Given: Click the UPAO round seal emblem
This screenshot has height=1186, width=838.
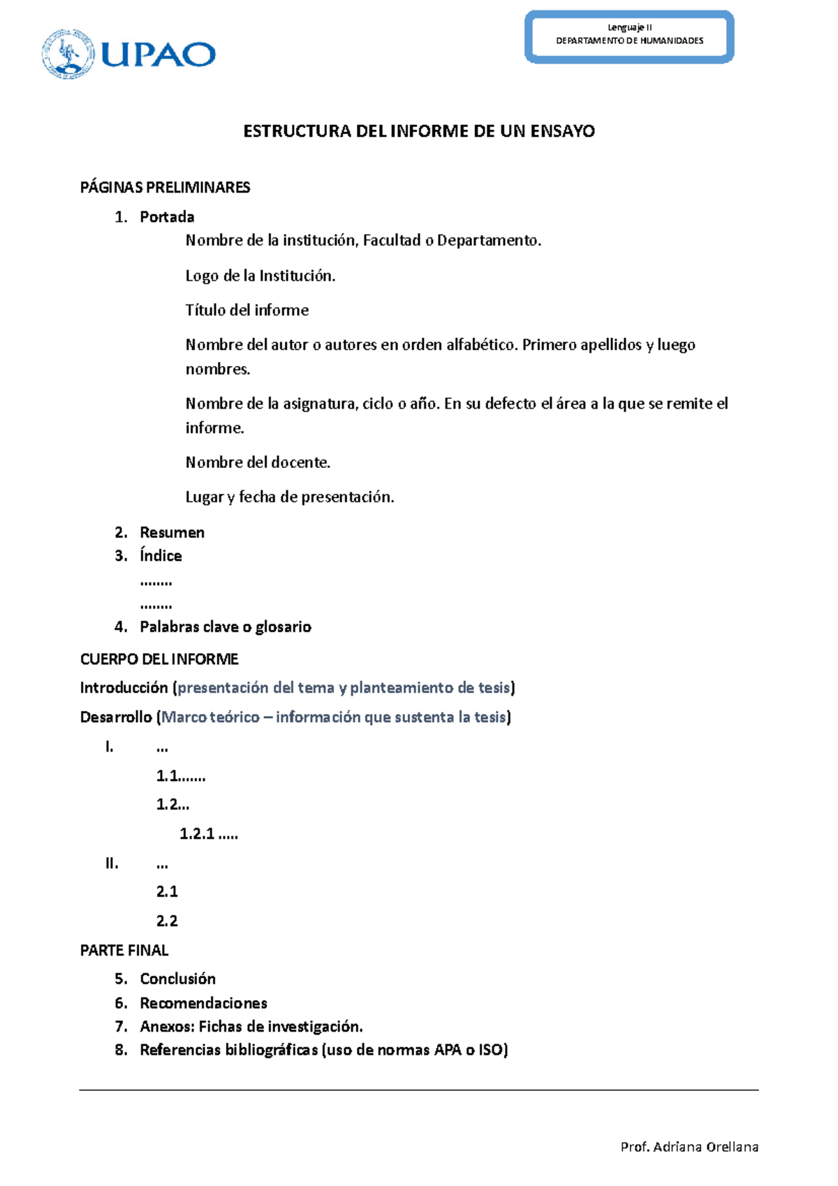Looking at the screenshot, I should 68,54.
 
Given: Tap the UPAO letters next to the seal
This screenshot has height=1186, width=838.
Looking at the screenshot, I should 159,54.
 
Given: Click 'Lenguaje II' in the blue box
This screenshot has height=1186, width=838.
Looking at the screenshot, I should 629,27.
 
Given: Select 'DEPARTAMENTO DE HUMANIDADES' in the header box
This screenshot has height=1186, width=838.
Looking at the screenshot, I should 629,41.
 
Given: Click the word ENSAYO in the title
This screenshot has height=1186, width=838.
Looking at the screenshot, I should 562,131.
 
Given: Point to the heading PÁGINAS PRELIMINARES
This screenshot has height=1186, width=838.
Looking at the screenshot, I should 165,187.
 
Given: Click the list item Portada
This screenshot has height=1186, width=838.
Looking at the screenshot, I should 167,217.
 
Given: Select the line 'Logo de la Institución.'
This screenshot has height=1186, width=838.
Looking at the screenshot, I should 260,276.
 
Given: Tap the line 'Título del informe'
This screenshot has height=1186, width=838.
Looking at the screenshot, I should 247,310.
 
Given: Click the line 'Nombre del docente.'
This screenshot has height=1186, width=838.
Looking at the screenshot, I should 258,462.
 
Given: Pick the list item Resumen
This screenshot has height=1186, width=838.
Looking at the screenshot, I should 172,532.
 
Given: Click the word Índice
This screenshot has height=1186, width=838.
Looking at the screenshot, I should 161,556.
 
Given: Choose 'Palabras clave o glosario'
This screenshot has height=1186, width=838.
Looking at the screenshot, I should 225,627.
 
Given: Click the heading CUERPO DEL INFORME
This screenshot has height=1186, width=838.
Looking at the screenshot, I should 159,659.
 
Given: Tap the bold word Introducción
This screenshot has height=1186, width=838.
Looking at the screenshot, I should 124,688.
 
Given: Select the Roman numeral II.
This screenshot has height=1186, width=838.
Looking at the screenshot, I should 112,863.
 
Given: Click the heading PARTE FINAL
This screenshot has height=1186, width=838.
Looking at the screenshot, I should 124,950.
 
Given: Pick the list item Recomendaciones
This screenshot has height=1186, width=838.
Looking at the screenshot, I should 203,1003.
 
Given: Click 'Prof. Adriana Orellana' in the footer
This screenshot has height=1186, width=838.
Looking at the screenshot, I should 689,1147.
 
